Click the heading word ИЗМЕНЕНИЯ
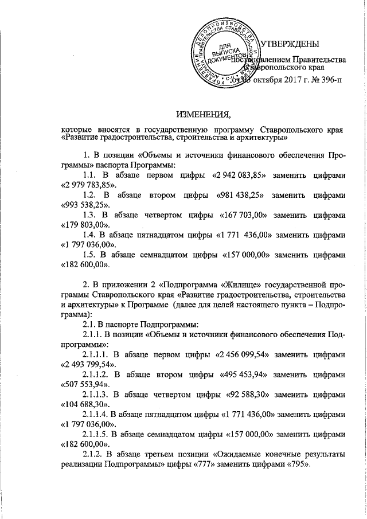click(200, 112)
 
